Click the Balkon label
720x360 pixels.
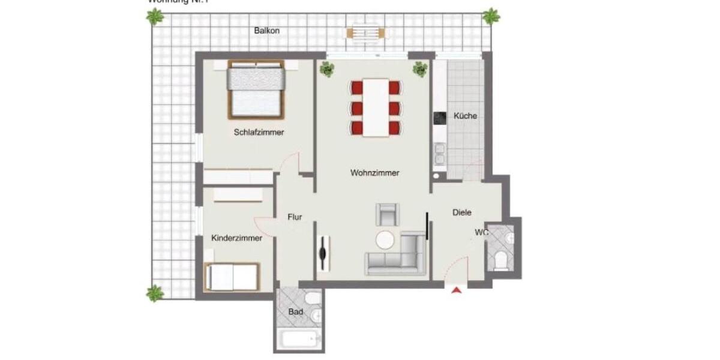266,31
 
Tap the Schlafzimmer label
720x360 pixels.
259,133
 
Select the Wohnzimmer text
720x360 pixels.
374,173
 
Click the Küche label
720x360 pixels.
465,116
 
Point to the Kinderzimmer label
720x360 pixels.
236,238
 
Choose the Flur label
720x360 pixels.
294,217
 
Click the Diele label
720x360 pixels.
461,212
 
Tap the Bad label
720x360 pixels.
295,312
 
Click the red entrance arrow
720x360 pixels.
457,291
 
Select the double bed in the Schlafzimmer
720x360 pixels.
256,91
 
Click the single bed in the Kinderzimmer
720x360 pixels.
232,277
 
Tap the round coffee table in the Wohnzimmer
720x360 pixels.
386,240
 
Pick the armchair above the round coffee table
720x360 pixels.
386,214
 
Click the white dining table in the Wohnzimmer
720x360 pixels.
376,108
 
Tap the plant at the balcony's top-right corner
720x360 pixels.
491,16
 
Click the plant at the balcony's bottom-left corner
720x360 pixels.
155,293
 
